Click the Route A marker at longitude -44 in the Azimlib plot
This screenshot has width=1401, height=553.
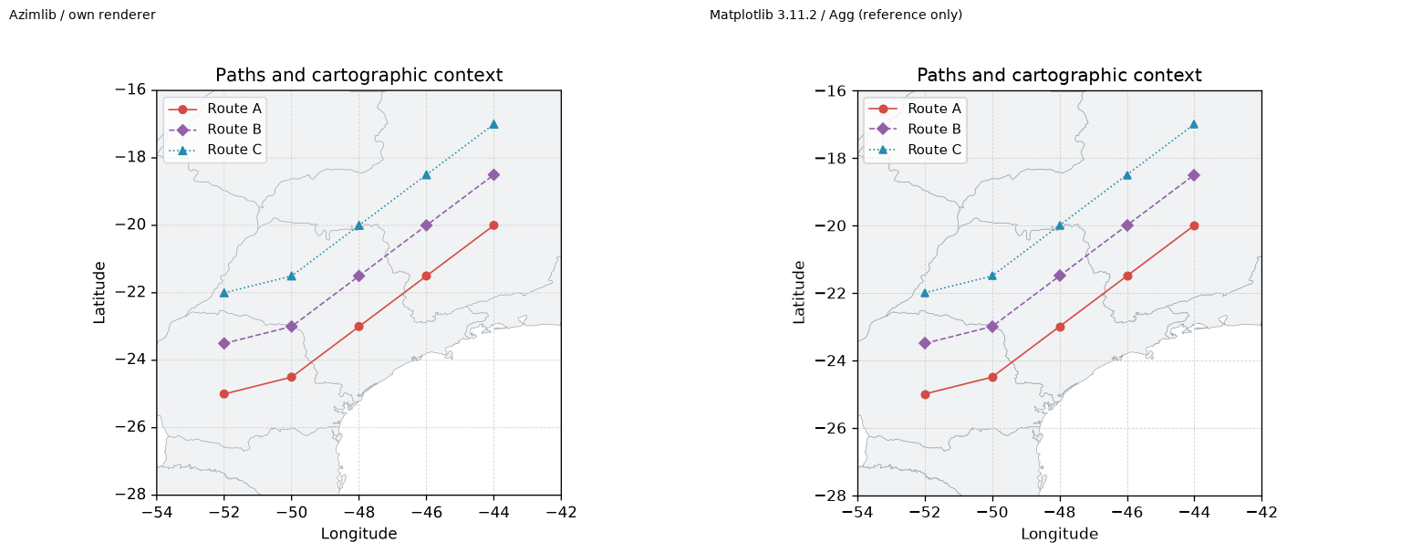pos(493,225)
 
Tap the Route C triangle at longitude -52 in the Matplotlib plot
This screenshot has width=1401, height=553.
pos(925,293)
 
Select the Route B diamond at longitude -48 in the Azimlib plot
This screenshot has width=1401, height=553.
pos(359,276)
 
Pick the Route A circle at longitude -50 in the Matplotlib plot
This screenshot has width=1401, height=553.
pos(992,377)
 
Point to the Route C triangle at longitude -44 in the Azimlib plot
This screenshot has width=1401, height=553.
pos(493,124)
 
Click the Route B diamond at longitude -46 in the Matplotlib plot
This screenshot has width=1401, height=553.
pos(1127,225)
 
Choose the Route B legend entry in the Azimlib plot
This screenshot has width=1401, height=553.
pos(214,130)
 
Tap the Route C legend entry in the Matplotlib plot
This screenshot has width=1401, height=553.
pos(915,151)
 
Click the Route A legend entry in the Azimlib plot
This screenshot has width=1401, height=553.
pos(214,109)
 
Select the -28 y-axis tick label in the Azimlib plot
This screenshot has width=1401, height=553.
pos(130,495)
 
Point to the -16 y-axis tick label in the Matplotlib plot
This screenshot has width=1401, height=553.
pos(831,90)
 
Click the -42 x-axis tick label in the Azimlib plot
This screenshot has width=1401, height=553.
pos(561,512)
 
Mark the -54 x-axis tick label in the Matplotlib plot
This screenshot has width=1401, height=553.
pos(856,512)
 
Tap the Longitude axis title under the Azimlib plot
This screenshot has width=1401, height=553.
pos(359,534)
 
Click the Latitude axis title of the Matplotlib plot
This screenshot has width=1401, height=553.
pos(799,293)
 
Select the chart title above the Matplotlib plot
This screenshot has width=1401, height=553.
pos(1060,75)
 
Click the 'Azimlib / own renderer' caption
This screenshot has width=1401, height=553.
pos(82,15)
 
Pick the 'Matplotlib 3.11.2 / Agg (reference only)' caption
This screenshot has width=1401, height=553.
pos(835,15)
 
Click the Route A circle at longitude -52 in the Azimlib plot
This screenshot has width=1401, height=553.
pos(223,394)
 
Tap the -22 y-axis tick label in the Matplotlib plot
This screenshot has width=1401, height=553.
pos(831,293)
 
